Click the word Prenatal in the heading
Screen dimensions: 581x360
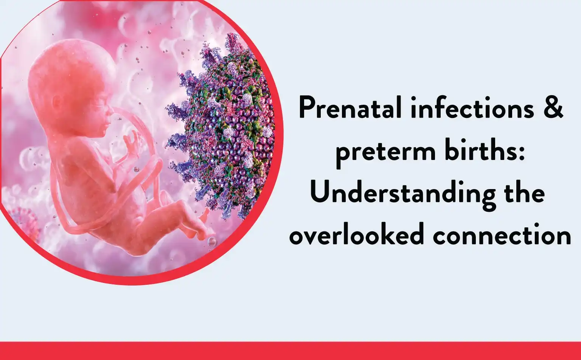pos(350,107)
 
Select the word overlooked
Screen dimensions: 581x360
pos(357,233)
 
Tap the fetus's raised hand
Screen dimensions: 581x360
pos(131,143)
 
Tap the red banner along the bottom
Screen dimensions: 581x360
pos(290,351)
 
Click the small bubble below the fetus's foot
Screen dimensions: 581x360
pos(212,242)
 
